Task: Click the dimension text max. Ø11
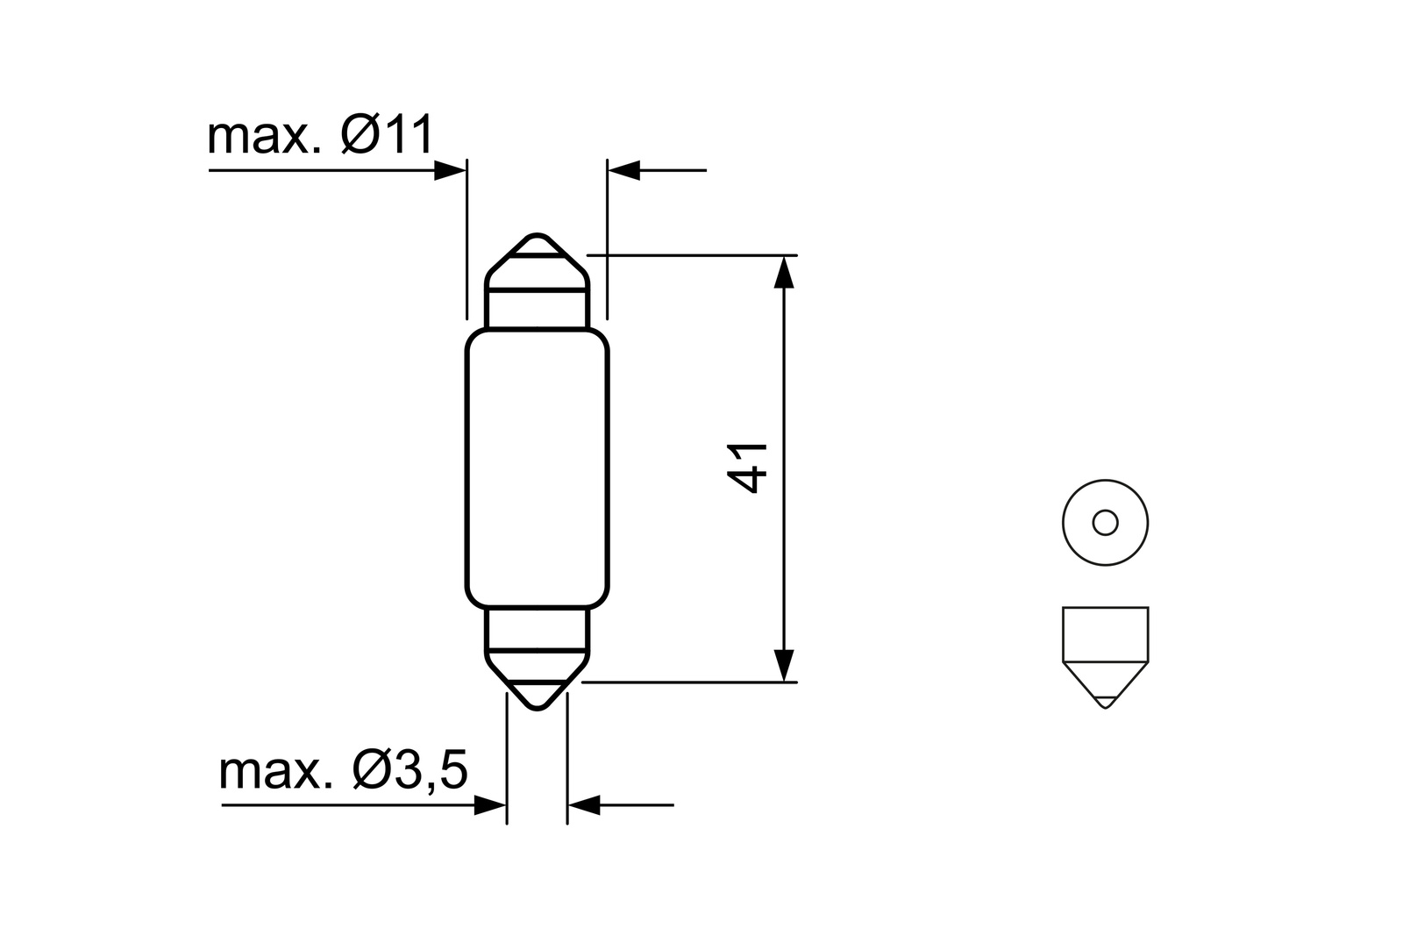320,136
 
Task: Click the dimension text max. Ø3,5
344,770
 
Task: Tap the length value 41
748,468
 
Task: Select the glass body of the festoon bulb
537,469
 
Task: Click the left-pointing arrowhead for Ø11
624,170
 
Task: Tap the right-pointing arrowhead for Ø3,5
490,804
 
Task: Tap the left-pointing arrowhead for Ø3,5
583,804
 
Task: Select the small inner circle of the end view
1104,523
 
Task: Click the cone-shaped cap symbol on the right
1105,654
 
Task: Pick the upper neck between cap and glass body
537,309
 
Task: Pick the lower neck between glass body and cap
537,629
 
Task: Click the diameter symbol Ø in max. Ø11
360,136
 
